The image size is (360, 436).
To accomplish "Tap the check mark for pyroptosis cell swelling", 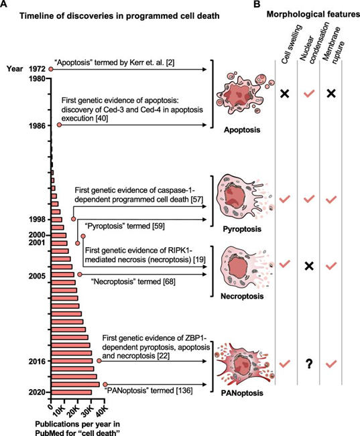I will (x=284, y=200).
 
